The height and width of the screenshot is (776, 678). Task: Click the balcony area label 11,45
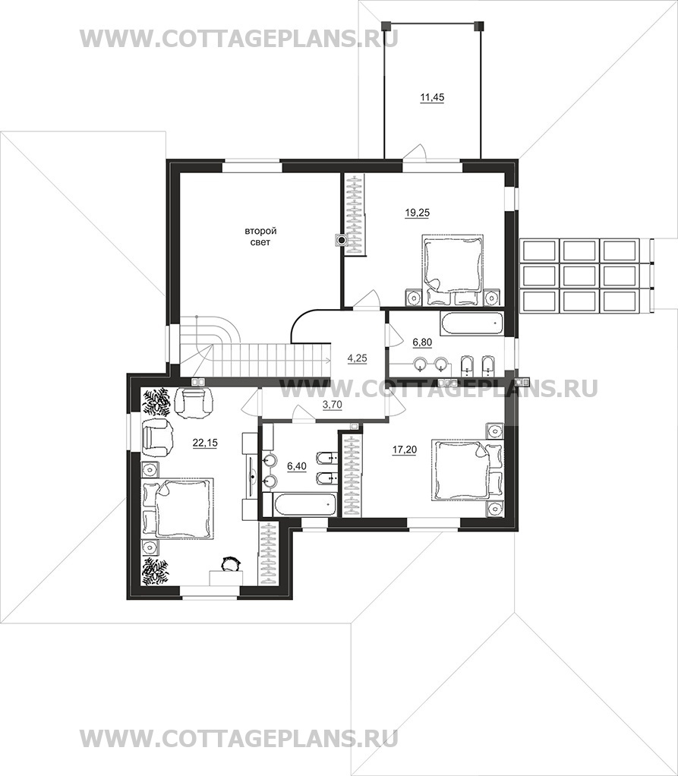click(x=432, y=97)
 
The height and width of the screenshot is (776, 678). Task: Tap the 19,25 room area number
click(x=417, y=213)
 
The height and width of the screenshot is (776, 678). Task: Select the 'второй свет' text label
click(x=261, y=237)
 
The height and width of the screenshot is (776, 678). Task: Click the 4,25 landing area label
click(x=358, y=358)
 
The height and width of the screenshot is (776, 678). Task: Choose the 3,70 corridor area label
click(x=332, y=405)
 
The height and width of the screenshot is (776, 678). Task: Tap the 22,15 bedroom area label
click(x=205, y=443)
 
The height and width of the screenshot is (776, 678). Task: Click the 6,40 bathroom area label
click(x=296, y=465)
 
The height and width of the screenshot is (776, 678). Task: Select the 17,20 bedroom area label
click(x=405, y=450)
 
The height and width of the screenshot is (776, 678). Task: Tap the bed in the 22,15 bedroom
click(x=178, y=508)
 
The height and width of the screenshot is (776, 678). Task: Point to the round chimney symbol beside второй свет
click(x=341, y=241)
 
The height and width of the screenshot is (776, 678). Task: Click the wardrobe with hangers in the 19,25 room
click(x=355, y=215)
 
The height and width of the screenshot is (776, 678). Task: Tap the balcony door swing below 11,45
click(x=415, y=151)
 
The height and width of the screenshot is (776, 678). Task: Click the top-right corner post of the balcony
click(x=478, y=24)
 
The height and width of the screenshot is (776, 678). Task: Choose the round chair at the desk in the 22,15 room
click(x=229, y=563)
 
